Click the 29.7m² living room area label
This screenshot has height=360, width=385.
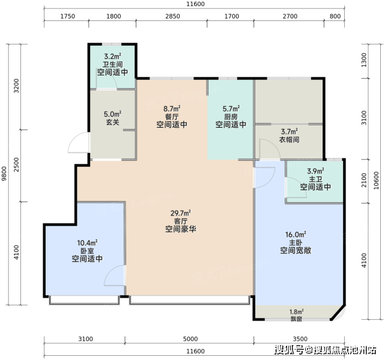181,213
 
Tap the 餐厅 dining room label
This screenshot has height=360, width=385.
172,117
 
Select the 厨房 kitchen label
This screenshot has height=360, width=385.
231,117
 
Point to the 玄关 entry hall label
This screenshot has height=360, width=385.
113,122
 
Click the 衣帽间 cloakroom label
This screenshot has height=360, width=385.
290,140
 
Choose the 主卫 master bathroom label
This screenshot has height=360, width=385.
315,179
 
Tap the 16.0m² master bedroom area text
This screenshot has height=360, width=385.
296,235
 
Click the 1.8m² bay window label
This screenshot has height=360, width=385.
296,311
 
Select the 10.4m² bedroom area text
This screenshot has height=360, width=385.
88,243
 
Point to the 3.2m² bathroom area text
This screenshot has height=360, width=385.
113,56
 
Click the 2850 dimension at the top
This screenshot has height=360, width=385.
172,16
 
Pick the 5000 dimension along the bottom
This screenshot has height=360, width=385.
190,339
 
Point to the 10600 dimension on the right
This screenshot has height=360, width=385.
376,181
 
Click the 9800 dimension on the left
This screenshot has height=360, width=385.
4,173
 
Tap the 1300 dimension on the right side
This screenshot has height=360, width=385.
364,60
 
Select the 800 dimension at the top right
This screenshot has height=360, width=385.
335,16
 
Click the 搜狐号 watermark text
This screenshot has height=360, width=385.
289,350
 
